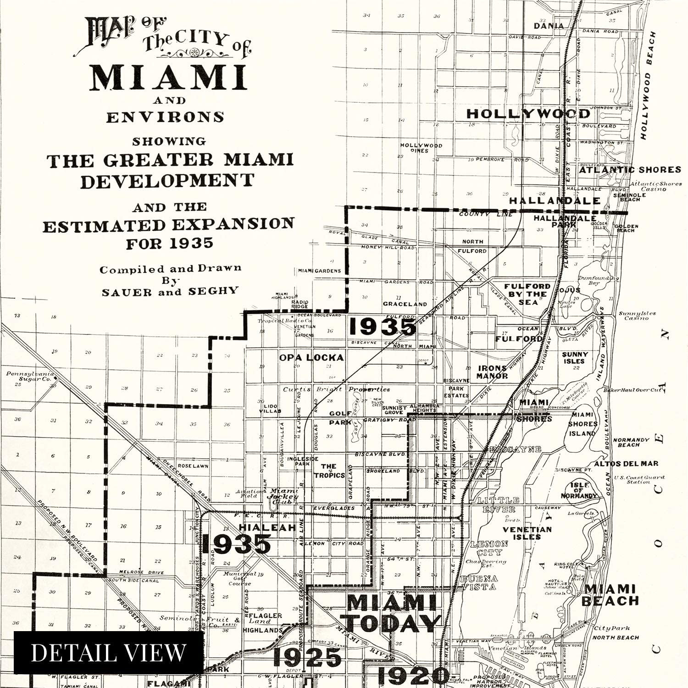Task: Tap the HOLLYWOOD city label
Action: (x=528, y=114)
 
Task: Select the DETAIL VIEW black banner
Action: (x=109, y=652)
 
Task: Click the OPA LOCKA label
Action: (x=311, y=357)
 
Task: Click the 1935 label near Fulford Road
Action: (x=383, y=327)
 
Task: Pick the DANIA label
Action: (x=549, y=26)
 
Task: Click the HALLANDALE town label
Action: (x=555, y=200)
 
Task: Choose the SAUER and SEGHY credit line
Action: (x=170, y=291)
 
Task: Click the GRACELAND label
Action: (x=405, y=304)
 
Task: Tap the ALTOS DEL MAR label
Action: (x=626, y=464)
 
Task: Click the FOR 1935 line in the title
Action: (x=170, y=243)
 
